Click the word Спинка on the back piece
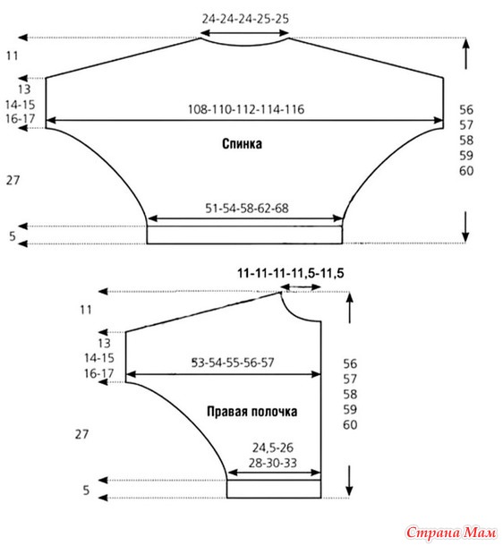(x=242, y=143)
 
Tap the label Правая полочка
(x=252, y=411)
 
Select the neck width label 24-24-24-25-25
(x=245, y=19)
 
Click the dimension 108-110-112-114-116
(x=246, y=109)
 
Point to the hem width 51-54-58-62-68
(x=247, y=209)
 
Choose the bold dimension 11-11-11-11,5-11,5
(x=291, y=273)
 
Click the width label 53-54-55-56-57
(x=233, y=363)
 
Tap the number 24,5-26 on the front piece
(x=273, y=448)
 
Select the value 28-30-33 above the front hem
(x=273, y=463)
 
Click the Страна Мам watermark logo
(x=451, y=533)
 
